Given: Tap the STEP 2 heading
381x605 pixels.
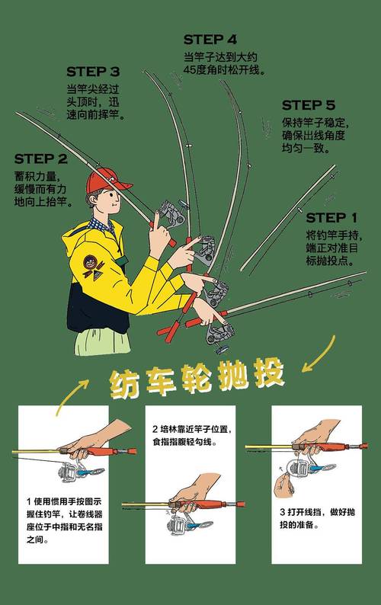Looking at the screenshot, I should [x=40, y=160].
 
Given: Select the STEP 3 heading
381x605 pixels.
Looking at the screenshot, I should [x=93, y=72].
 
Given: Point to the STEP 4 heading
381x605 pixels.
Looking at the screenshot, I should [x=210, y=39].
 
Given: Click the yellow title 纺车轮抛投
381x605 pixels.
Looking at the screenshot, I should [x=197, y=377].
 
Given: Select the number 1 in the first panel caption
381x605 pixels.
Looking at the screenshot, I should [x=28, y=501].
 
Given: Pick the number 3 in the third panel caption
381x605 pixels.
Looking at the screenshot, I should [x=282, y=512].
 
